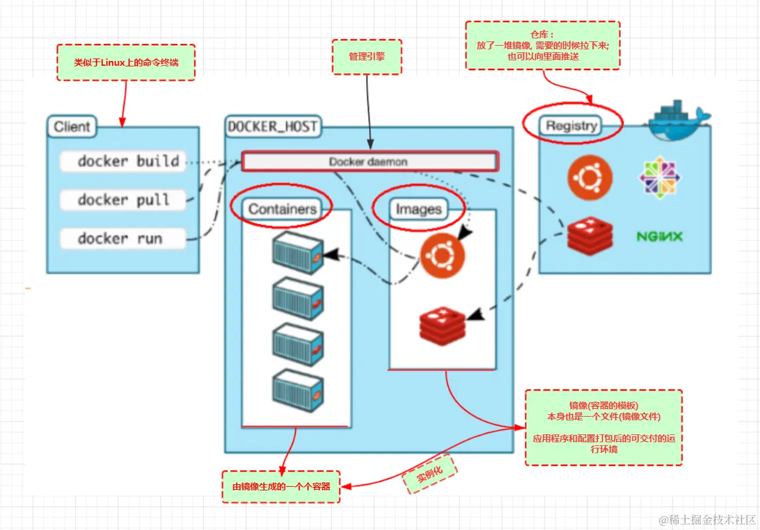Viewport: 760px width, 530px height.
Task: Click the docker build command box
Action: [122, 161]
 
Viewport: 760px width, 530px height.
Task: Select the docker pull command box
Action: [122, 200]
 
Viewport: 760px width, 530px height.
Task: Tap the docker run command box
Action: [122, 238]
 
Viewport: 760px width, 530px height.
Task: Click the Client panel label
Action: [72, 127]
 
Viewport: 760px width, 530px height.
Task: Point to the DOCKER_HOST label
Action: [272, 127]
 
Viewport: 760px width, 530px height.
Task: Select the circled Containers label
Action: [283, 209]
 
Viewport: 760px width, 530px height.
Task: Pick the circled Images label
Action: [418, 210]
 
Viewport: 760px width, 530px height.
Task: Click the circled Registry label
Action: [571, 125]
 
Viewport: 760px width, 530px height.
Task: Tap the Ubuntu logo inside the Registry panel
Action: [589, 178]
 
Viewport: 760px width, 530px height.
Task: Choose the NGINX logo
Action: [660, 236]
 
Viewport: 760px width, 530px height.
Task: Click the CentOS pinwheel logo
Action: [660, 177]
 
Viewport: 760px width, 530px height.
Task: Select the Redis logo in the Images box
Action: [443, 326]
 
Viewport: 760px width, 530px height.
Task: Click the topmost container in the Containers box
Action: [297, 252]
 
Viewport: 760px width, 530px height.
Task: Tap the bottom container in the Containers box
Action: [297, 390]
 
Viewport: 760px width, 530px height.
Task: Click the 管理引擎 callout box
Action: [367, 57]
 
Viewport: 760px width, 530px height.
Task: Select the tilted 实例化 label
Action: [429, 473]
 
